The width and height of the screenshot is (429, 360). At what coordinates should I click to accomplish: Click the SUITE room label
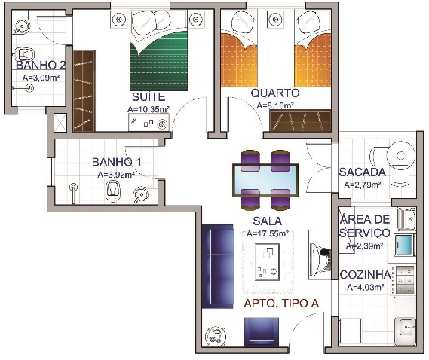(x=149, y=97)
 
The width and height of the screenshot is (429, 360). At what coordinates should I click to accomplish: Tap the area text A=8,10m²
(x=275, y=105)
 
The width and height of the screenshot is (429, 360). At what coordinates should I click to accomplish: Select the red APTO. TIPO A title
(x=281, y=304)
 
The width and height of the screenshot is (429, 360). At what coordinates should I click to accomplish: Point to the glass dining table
(x=265, y=180)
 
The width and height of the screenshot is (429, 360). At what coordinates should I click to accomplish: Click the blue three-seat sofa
(x=217, y=267)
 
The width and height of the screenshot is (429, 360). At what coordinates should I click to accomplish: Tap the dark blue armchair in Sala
(x=262, y=332)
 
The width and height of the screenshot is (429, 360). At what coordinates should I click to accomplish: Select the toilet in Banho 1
(x=113, y=191)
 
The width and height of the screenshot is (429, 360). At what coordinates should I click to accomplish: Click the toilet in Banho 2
(x=24, y=54)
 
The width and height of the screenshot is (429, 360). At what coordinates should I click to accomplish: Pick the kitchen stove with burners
(x=405, y=280)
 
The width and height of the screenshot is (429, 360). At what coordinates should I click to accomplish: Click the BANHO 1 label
(x=117, y=162)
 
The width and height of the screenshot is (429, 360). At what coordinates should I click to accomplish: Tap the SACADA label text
(x=362, y=172)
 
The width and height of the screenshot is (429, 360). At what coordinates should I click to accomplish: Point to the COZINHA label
(x=365, y=275)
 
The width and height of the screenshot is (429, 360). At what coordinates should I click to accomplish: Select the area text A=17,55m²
(x=268, y=234)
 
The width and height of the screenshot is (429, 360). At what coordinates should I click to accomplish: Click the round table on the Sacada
(x=401, y=154)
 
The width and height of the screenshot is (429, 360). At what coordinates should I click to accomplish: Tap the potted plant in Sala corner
(x=216, y=337)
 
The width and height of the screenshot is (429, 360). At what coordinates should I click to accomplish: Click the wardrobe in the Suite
(x=84, y=90)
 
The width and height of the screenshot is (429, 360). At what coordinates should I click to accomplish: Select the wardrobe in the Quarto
(x=300, y=121)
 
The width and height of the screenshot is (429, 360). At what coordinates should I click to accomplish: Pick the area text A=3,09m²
(x=41, y=78)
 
